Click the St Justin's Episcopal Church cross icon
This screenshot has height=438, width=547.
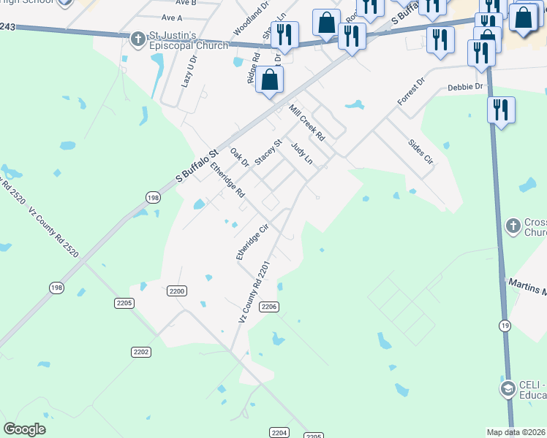tap(137, 39)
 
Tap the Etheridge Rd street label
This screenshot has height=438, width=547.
tap(227, 180)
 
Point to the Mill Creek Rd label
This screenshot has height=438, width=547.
tap(306, 122)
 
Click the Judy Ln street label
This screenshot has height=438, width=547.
tap(301, 155)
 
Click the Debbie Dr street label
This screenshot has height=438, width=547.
tap(466, 88)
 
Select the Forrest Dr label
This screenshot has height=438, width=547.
tap(410, 93)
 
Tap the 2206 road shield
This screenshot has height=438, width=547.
tap(269, 307)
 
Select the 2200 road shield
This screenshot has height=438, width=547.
tap(177, 291)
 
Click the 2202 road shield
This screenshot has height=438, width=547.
tap(141, 352)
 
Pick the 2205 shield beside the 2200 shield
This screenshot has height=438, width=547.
tap(124, 302)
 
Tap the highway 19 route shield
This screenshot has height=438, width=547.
tap(505, 325)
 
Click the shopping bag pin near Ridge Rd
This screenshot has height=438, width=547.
tap(270, 80)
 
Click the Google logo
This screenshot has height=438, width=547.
tap(25, 429)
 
